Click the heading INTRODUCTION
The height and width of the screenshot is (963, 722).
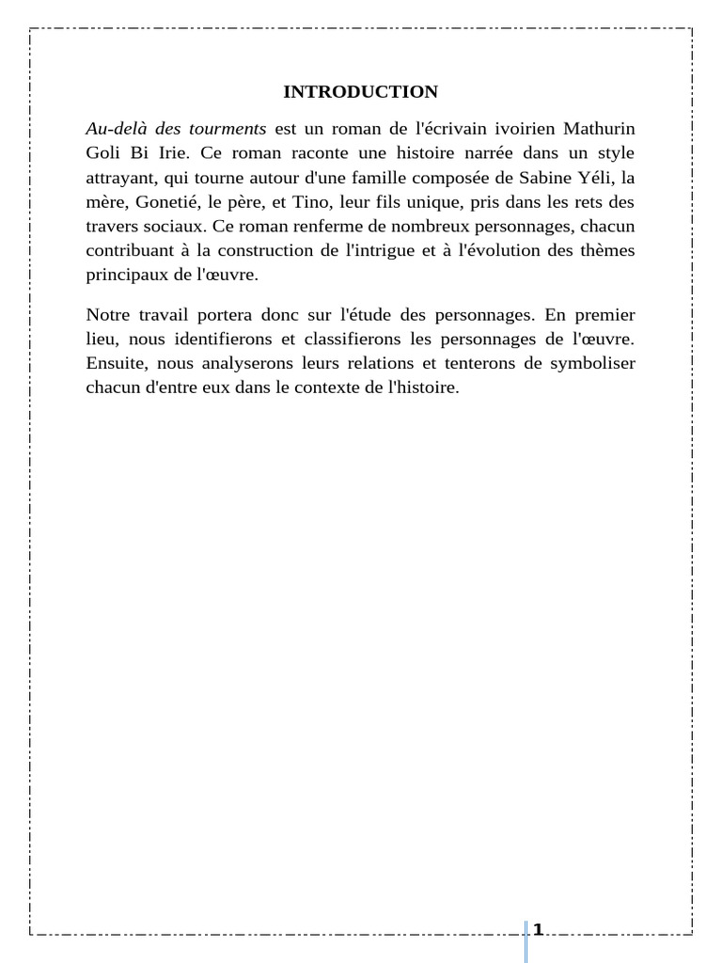tap(360, 92)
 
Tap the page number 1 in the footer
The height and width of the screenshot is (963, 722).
tap(538, 930)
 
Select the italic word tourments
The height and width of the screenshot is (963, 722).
tap(229, 128)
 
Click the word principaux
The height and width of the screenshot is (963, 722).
tap(125, 275)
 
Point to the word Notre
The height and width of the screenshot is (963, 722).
tap(109, 314)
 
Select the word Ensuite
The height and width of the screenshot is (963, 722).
tap(115, 363)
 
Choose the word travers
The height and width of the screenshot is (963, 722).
tap(112, 226)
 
